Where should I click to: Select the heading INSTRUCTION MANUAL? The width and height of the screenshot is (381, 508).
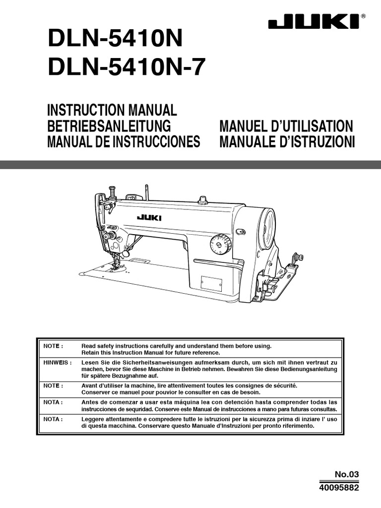[x=112, y=110]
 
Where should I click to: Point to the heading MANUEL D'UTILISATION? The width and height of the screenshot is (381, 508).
[x=286, y=126]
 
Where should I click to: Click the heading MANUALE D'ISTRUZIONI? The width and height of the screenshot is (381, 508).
[x=287, y=142]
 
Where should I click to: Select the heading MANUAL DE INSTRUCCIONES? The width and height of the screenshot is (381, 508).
[x=124, y=142]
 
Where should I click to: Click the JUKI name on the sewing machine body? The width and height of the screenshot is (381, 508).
[x=149, y=217]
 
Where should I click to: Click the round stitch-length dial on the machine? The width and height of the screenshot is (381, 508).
[x=220, y=245]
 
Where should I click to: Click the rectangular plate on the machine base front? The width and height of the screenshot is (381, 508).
[x=211, y=283]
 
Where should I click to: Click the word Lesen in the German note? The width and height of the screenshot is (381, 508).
[x=89, y=363]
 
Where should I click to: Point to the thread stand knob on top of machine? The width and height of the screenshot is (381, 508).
[x=202, y=199]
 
